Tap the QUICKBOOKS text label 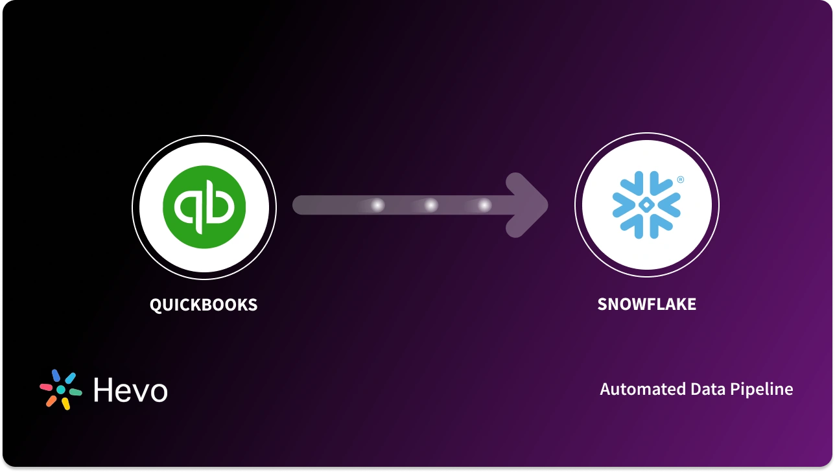tap(204, 305)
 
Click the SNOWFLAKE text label tap(646, 305)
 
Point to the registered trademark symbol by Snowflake tap(680, 180)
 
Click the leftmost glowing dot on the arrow tap(377, 206)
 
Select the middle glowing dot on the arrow tap(430, 206)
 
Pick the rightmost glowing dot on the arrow tap(484, 206)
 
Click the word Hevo tap(130, 390)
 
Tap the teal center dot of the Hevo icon tap(61, 390)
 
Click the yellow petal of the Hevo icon tap(65, 403)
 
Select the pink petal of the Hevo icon tap(47, 387)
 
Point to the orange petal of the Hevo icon tap(51, 401)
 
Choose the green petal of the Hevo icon tap(75, 392)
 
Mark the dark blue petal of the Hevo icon tap(56, 375)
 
